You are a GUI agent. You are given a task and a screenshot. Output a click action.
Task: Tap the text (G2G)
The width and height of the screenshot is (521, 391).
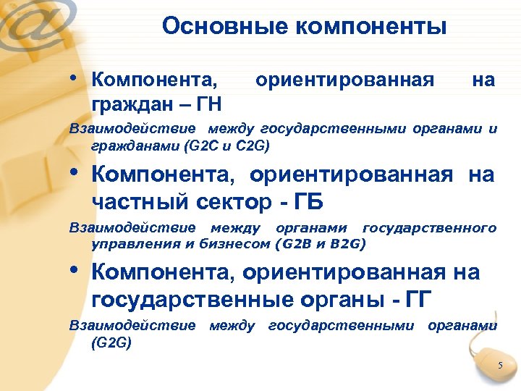pyautogui.click(x=111, y=342)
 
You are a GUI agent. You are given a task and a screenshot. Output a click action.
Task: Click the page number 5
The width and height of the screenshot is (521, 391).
pyautogui.click(x=499, y=366)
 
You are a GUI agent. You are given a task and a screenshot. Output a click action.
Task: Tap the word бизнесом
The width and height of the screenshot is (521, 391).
pyautogui.click(x=233, y=243)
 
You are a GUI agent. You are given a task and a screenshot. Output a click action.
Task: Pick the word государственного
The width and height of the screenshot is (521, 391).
pyautogui.click(x=430, y=228)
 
